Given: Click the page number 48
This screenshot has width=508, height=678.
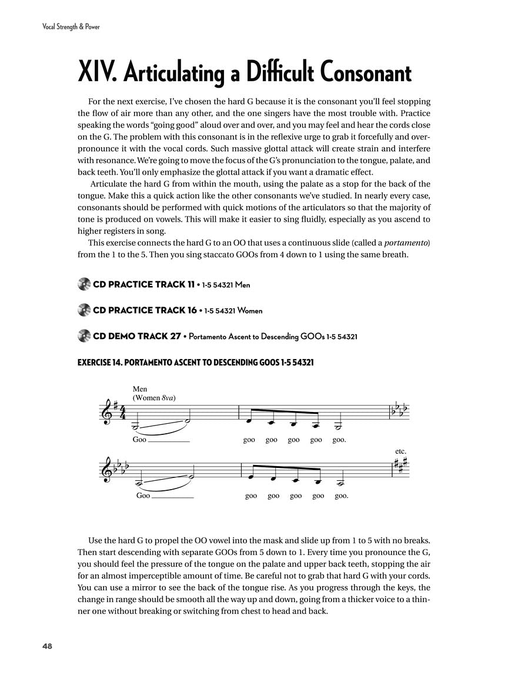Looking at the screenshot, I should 47,646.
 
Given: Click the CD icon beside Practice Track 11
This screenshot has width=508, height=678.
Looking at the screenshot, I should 84,284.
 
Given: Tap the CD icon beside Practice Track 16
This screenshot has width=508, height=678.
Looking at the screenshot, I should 84,310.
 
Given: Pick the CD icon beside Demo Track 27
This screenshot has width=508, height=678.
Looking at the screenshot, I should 84,336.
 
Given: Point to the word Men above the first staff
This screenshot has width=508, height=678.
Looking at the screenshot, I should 140,389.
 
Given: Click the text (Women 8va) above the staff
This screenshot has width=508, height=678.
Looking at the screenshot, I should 154,398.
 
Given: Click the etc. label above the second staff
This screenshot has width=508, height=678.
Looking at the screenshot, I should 401,451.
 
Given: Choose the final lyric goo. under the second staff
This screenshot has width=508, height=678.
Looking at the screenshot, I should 342,496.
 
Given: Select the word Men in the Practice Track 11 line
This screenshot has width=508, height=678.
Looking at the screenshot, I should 242,285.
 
